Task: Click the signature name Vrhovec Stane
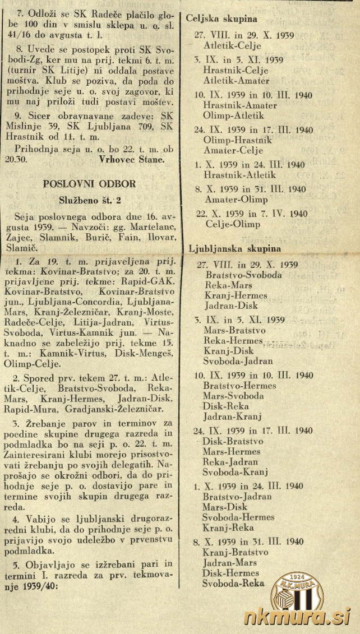coord(131,159)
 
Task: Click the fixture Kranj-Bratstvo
coord(236,552)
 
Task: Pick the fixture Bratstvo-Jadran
coord(237,497)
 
